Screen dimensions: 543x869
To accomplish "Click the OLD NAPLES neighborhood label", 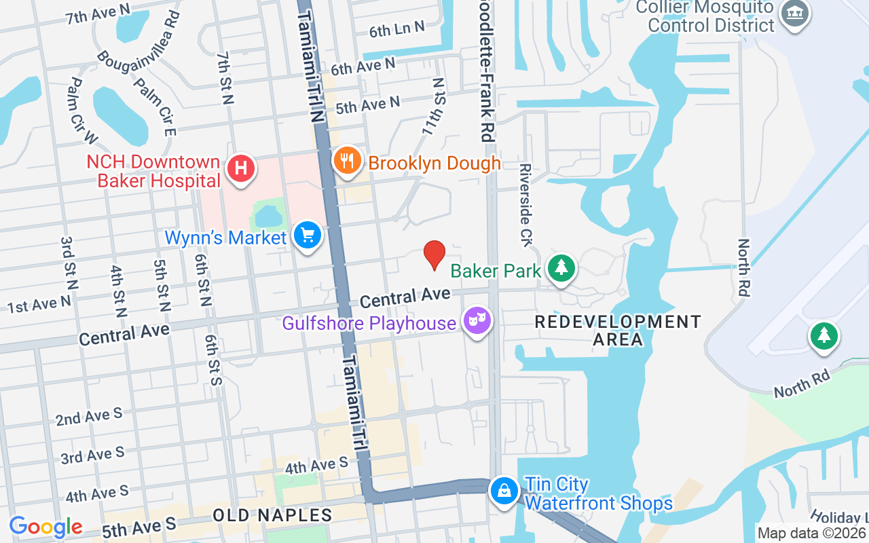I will click(x=272, y=515).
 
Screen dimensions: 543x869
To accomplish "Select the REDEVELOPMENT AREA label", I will click(x=617, y=330).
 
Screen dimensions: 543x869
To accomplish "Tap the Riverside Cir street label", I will click(x=525, y=204).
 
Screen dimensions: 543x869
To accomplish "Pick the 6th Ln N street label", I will click(x=396, y=29).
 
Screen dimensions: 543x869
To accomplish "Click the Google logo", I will click(x=45, y=527).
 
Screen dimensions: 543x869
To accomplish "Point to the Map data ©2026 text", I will click(x=812, y=533).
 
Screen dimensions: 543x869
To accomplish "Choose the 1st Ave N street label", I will click(x=39, y=305).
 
